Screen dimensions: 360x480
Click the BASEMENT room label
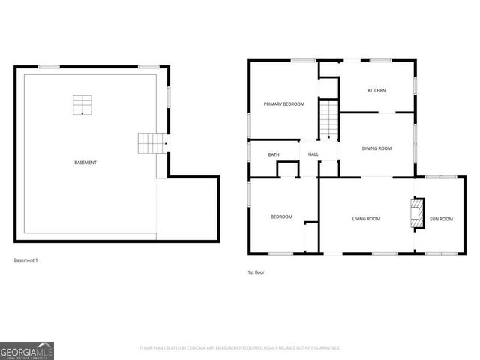pos(85,163)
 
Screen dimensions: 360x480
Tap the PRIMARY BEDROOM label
pos(283,103)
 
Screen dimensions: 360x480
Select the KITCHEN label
pos(376,91)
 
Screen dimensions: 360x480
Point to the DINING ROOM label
pos(376,148)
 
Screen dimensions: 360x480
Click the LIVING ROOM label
pos(366,219)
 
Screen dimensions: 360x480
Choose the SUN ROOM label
pos(441,219)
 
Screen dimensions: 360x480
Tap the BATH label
pos(274,155)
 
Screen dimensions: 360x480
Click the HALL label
pos(313,155)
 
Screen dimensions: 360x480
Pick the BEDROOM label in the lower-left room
pos(281,217)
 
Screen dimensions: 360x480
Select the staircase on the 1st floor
pos(329,120)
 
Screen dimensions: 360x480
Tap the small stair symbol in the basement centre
pos(81,105)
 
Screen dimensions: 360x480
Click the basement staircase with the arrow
pos(151,142)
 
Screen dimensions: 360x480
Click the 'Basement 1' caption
pos(25,260)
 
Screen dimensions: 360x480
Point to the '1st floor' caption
pos(256,272)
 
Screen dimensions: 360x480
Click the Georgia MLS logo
pos(27,351)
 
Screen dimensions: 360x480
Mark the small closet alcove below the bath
pos(287,169)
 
